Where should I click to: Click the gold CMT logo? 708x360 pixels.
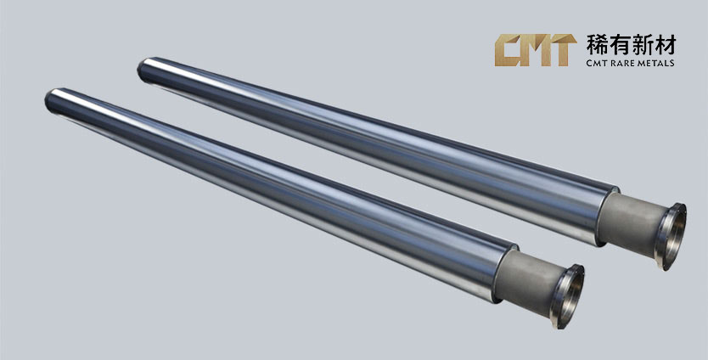click(x=536, y=50)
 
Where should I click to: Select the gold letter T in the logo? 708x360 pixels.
click(x=562, y=50)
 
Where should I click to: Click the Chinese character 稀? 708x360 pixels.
click(x=597, y=45)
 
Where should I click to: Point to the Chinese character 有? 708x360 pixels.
click(x=620, y=45)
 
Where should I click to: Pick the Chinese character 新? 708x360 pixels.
click(x=642, y=45)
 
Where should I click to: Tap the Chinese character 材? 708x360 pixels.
click(x=665, y=45)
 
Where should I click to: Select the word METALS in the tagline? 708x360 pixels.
click(x=656, y=63)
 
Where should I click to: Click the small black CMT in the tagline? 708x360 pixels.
click(x=598, y=63)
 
